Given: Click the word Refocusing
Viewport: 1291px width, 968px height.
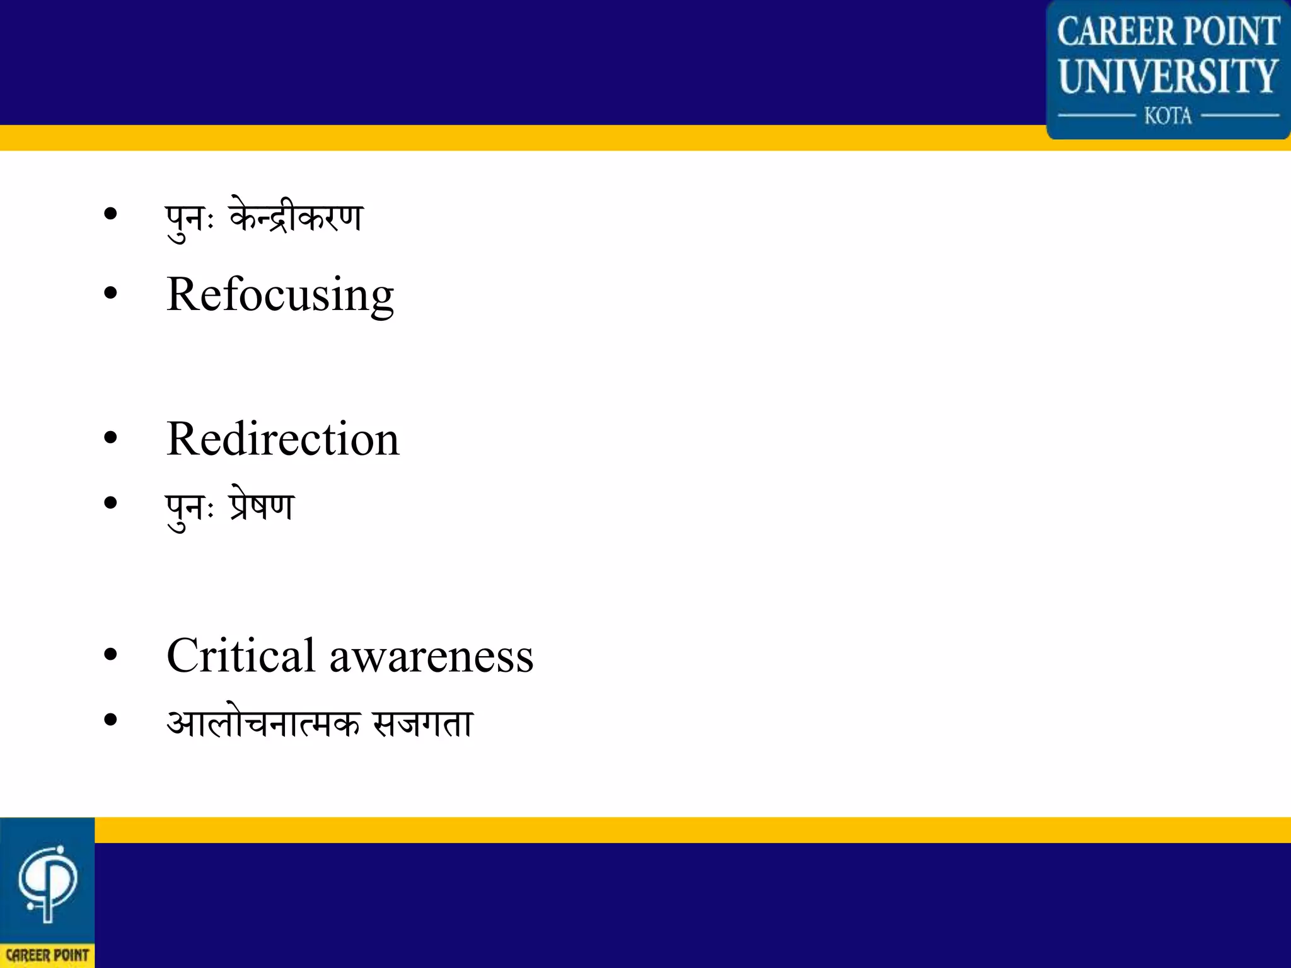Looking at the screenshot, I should click(x=280, y=296).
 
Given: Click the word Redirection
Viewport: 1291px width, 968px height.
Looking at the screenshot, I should click(x=282, y=439).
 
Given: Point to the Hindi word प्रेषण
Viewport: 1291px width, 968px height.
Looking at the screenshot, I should click(x=262, y=505).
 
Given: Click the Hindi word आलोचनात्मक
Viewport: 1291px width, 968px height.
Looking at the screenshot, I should click(x=263, y=722).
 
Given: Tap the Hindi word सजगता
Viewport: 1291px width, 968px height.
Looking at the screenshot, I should click(x=422, y=722).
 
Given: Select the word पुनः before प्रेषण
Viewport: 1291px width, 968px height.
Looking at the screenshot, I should click(x=189, y=508).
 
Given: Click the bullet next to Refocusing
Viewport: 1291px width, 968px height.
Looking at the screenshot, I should click(x=110, y=293).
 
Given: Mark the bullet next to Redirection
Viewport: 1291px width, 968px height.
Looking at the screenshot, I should click(x=110, y=438).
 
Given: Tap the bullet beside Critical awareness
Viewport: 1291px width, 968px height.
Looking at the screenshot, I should click(x=110, y=655).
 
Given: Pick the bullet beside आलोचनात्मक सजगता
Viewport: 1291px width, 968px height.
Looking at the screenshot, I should click(x=110, y=720).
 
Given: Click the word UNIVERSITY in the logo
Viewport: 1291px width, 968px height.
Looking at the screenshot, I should click(x=1168, y=76).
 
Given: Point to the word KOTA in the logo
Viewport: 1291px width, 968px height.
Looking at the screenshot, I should click(x=1168, y=116).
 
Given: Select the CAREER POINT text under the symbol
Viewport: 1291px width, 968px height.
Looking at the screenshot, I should click(x=47, y=955).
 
